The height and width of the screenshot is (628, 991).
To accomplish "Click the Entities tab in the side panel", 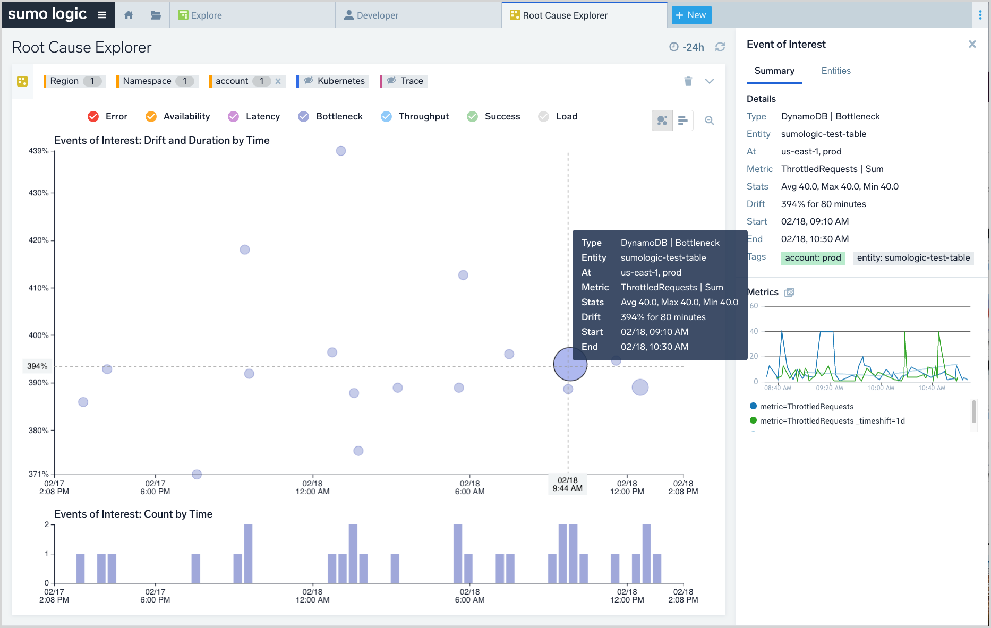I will coord(835,71).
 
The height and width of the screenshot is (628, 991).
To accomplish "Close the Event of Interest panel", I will coord(972,44).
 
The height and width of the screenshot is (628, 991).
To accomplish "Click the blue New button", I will coord(691,15).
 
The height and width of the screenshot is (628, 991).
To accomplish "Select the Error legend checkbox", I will coord(93,116).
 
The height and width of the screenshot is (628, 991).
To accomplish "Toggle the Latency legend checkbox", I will coord(234,116).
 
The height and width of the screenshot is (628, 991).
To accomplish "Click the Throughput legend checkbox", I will coord(387,116).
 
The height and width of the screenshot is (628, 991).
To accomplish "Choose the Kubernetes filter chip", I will coord(335,81).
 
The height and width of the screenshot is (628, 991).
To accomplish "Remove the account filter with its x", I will coord(278,81).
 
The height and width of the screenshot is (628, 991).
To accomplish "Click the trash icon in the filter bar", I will coord(688,81).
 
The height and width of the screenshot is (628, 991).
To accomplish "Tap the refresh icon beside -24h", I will coord(720,47).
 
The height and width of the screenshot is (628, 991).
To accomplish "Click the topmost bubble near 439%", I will coord(341,151).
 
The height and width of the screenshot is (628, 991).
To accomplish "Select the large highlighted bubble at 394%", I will coord(570,364).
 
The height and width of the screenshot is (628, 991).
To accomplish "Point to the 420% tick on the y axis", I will coord(39,240).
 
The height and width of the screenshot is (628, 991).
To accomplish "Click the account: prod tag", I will coord(813,258).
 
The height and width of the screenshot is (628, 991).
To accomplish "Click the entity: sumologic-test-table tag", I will coord(913,258).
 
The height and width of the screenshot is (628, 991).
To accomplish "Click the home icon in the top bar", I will coord(129,15).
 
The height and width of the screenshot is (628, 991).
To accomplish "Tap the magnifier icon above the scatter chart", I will coord(709,121).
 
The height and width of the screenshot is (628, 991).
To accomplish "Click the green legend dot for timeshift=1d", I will coord(753,420).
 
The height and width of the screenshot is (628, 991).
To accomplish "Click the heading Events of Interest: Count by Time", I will coord(133,514).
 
